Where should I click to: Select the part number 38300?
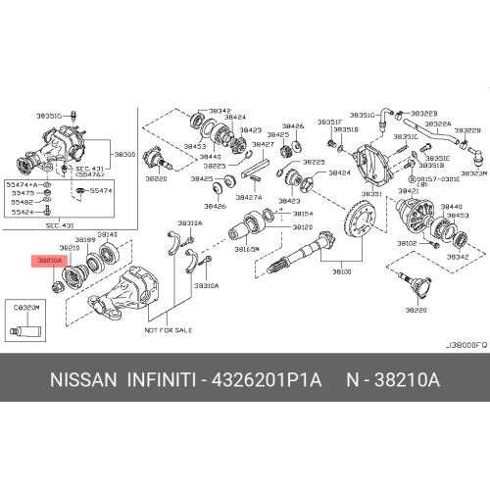point(124,154)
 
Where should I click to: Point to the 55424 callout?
point(21,212)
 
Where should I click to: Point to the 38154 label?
point(303,213)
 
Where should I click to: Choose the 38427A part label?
point(248,197)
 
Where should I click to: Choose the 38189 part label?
point(86,239)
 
